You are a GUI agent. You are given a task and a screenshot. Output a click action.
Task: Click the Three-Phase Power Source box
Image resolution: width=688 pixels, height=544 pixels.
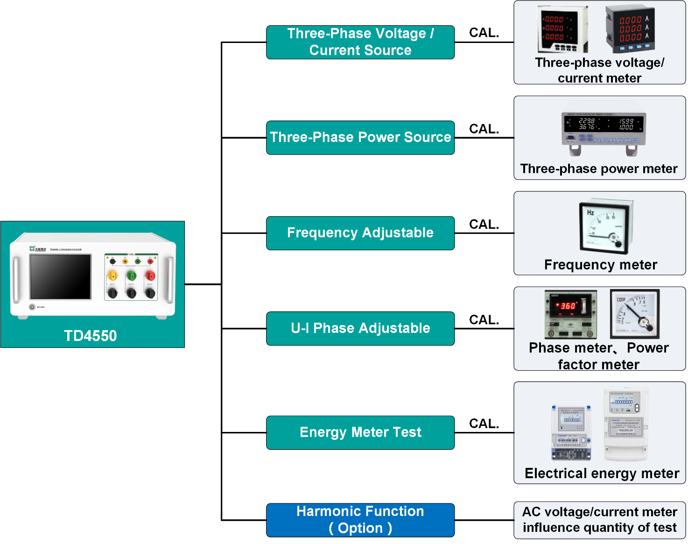coord(360,138)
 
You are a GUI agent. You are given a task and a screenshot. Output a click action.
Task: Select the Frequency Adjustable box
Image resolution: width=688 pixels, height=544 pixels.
coord(360,233)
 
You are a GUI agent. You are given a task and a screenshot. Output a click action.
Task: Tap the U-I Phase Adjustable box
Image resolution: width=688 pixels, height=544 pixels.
coord(360,328)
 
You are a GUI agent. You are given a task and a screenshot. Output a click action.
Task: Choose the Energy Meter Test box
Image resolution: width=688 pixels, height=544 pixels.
coord(360,432)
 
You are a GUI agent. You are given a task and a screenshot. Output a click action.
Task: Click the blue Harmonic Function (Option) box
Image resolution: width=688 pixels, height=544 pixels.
coord(360,520)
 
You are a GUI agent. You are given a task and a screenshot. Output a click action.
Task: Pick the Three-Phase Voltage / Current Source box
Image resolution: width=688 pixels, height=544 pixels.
coord(360,42)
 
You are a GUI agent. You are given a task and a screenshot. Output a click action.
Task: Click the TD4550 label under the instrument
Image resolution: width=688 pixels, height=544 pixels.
coord(90,335)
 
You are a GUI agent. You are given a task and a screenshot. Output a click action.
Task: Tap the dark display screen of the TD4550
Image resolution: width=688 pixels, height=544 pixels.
coord(60,277)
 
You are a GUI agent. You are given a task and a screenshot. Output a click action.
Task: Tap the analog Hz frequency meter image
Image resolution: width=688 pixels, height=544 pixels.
coord(605,226)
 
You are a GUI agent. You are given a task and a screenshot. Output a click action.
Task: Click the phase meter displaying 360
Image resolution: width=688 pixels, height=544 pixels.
coord(570,314)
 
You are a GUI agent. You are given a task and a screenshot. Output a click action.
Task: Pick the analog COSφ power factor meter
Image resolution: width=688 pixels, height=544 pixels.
coord(634,313)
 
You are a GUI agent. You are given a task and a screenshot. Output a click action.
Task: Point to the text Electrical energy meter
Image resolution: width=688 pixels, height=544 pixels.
coord(602,473)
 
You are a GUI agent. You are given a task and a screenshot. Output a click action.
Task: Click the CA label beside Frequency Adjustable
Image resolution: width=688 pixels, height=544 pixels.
coord(478,225)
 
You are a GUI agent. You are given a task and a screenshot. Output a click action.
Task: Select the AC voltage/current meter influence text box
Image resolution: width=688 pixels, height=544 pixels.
coord(599,520)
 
